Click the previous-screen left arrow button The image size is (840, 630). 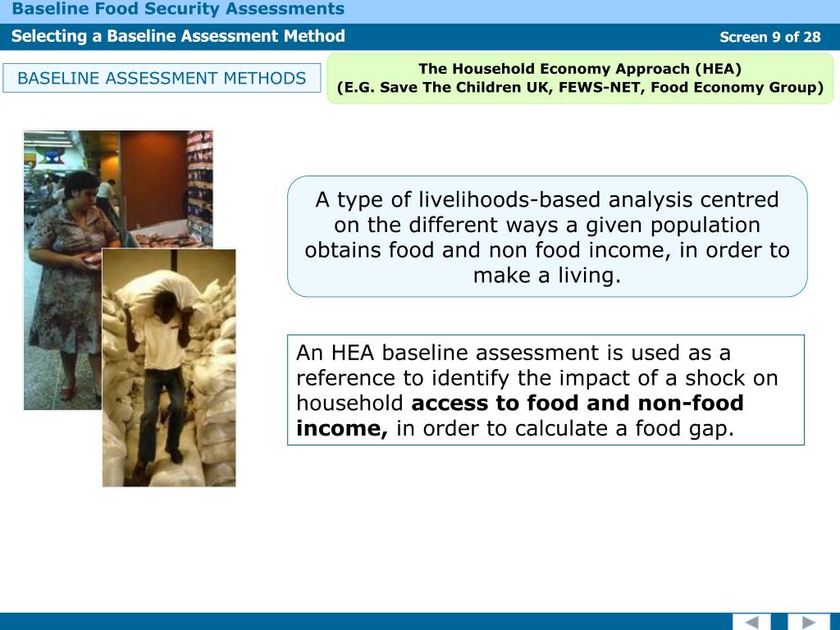tap(751, 622)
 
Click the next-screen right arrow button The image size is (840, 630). tap(809, 622)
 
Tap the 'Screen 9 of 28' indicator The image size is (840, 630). tap(769, 37)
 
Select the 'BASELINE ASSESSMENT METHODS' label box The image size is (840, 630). tap(162, 79)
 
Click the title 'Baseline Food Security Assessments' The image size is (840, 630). tap(178, 10)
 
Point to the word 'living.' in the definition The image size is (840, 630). tap(587, 276)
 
